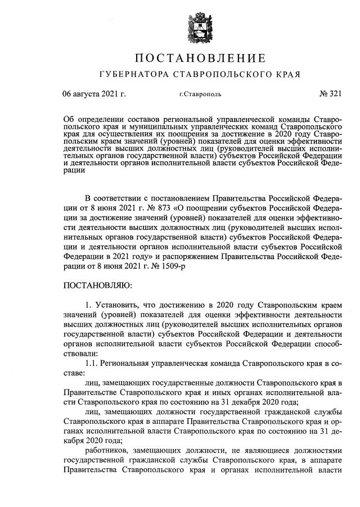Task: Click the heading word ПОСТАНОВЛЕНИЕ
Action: [x=200, y=57]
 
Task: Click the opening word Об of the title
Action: [x=69, y=121]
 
